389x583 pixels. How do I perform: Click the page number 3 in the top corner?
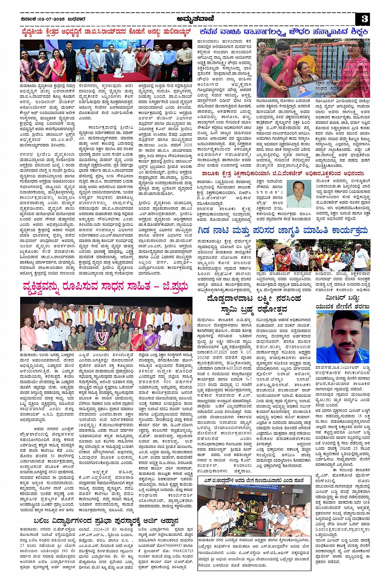pos(365,19)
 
